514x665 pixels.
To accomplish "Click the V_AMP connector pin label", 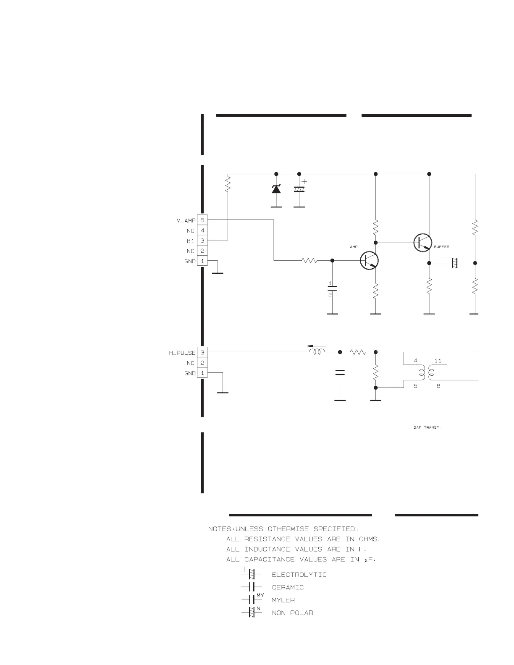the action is tap(186, 220).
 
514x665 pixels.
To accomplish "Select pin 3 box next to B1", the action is tap(202, 241).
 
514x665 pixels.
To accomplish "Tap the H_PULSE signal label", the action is tap(182, 353).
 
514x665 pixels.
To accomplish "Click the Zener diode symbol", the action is tap(276, 189).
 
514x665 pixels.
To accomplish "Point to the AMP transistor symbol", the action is tap(370, 261).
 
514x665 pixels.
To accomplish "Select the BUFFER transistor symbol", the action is tap(423, 243).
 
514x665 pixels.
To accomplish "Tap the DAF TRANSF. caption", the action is tap(427, 428).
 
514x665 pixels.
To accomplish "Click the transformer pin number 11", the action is tap(438, 361).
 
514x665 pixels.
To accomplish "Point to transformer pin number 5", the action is tap(415, 386).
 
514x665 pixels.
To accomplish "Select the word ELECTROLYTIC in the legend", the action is tap(299, 575).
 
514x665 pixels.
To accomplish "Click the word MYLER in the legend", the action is tap(283, 600).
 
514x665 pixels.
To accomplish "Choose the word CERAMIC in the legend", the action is tap(288, 587).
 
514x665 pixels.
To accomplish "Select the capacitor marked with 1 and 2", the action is tap(332, 289).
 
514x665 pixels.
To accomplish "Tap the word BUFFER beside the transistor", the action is tap(441, 247).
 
